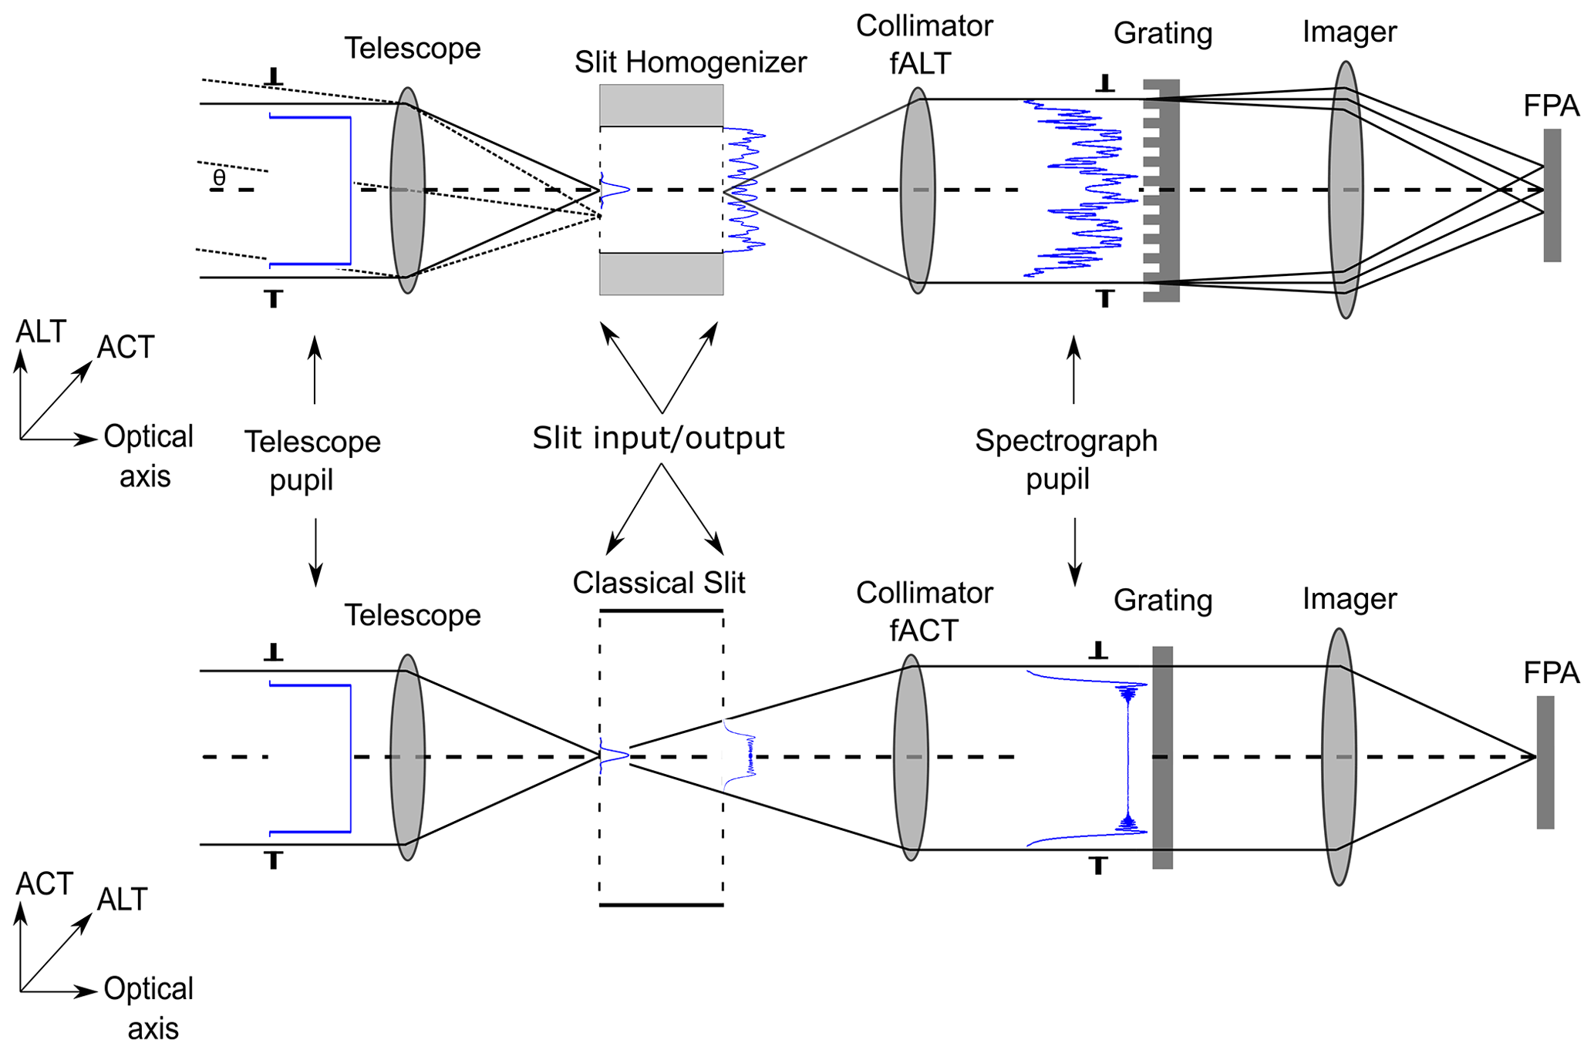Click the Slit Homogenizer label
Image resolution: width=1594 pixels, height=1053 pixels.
(690, 62)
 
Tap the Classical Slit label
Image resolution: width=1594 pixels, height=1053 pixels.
(659, 583)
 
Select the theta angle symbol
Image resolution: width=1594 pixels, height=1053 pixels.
(220, 178)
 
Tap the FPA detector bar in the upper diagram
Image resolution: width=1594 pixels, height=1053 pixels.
(1552, 195)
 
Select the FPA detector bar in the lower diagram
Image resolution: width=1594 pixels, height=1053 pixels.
(1545, 762)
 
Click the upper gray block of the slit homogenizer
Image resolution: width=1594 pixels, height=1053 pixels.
(661, 105)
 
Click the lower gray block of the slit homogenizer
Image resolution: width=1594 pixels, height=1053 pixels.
(661, 274)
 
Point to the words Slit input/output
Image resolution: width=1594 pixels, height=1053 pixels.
(659, 438)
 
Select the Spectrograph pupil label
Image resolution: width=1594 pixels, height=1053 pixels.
(1066, 459)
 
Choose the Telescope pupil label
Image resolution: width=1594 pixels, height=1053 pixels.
(312, 460)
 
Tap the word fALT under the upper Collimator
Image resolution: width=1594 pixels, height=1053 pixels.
(920, 63)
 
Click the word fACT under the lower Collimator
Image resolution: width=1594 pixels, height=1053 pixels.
(923, 631)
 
